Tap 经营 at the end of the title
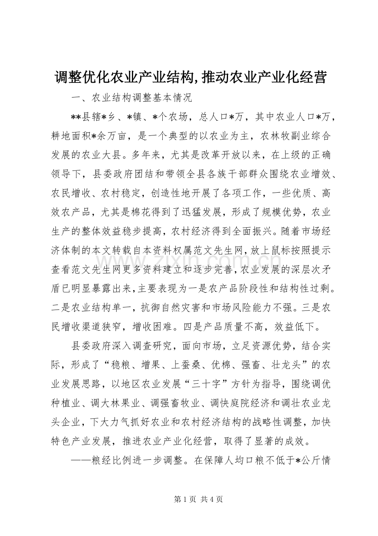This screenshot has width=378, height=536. click(x=314, y=77)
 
